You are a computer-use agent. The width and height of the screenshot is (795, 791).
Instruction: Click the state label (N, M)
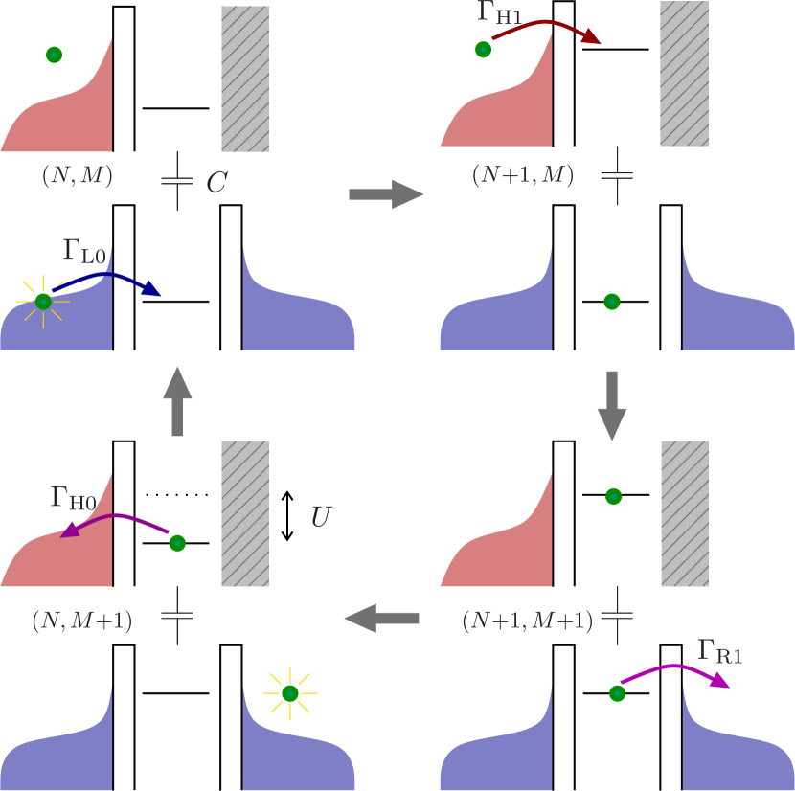[77, 175]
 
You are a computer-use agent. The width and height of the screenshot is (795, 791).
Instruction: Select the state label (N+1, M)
[522, 175]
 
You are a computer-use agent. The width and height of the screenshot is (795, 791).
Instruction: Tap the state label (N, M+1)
[81, 621]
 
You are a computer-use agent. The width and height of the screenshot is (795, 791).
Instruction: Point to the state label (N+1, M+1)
[527, 621]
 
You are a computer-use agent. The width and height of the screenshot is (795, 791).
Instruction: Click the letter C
[216, 183]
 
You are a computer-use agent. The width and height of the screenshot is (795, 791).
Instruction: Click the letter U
[321, 517]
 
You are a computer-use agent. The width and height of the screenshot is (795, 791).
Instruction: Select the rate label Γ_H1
[499, 13]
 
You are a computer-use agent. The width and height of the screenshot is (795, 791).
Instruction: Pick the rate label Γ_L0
[84, 252]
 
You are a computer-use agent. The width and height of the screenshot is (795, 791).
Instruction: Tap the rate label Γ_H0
[73, 497]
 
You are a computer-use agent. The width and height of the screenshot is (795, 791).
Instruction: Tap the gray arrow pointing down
[611, 405]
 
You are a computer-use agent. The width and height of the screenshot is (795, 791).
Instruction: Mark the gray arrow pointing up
[177, 402]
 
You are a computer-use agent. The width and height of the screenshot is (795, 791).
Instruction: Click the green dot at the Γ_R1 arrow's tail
[618, 693]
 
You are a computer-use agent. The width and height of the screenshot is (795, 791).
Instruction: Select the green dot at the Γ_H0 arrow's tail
[177, 543]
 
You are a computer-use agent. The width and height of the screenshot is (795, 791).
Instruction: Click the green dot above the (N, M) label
[55, 56]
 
